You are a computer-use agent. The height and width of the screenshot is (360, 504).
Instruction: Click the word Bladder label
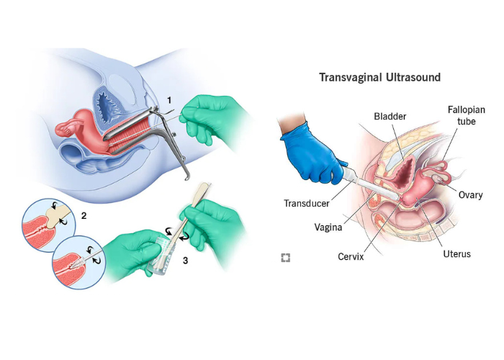coord(390,116)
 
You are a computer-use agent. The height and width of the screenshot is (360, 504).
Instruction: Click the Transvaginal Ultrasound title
coord(380,76)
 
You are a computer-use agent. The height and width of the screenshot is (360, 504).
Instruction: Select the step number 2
coord(84,215)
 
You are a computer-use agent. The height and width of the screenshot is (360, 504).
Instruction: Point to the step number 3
coord(185,261)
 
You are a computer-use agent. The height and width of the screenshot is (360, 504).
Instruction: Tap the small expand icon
coord(286,257)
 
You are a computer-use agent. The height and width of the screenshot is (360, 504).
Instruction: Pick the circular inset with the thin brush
coord(76,264)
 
